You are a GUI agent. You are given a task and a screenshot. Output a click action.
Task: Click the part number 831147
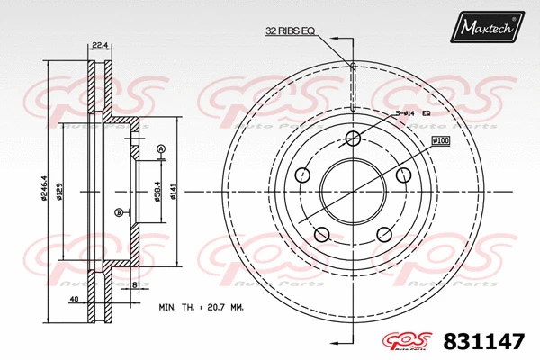click(485, 341)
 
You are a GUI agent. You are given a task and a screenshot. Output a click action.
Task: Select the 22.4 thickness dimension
click(100, 45)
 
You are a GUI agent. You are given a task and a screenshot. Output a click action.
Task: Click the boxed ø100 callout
click(440, 140)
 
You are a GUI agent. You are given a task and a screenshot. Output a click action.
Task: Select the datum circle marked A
click(160, 148)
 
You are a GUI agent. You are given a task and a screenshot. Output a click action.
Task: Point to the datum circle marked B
click(118, 212)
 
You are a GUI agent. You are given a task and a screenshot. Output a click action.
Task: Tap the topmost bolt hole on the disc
click(354, 137)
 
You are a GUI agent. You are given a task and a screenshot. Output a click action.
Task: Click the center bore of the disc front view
click(354, 190)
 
